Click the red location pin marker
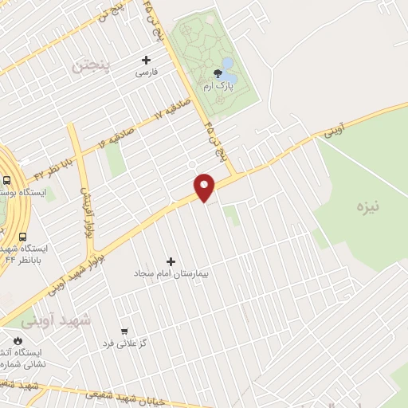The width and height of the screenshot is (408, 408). [205, 186]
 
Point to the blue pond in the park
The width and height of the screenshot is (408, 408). [228, 64]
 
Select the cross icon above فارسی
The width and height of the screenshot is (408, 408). [146, 60]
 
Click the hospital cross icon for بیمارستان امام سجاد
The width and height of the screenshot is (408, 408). [170, 261]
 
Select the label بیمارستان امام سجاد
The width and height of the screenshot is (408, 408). [171, 273]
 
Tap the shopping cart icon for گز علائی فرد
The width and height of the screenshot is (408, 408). [124, 331]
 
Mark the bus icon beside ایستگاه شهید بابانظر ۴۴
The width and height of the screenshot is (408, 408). [22, 237]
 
